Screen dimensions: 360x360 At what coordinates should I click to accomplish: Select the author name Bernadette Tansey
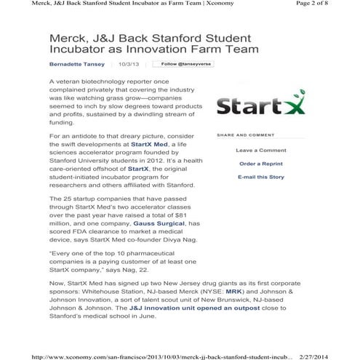click(x=76, y=64)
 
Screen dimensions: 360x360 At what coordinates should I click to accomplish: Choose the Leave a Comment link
click(x=260, y=151)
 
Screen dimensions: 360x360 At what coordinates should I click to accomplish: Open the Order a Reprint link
click(x=260, y=164)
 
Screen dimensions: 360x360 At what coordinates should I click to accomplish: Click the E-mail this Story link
click(x=260, y=177)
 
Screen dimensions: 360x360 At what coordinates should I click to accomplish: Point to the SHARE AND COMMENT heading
click(x=245, y=135)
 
